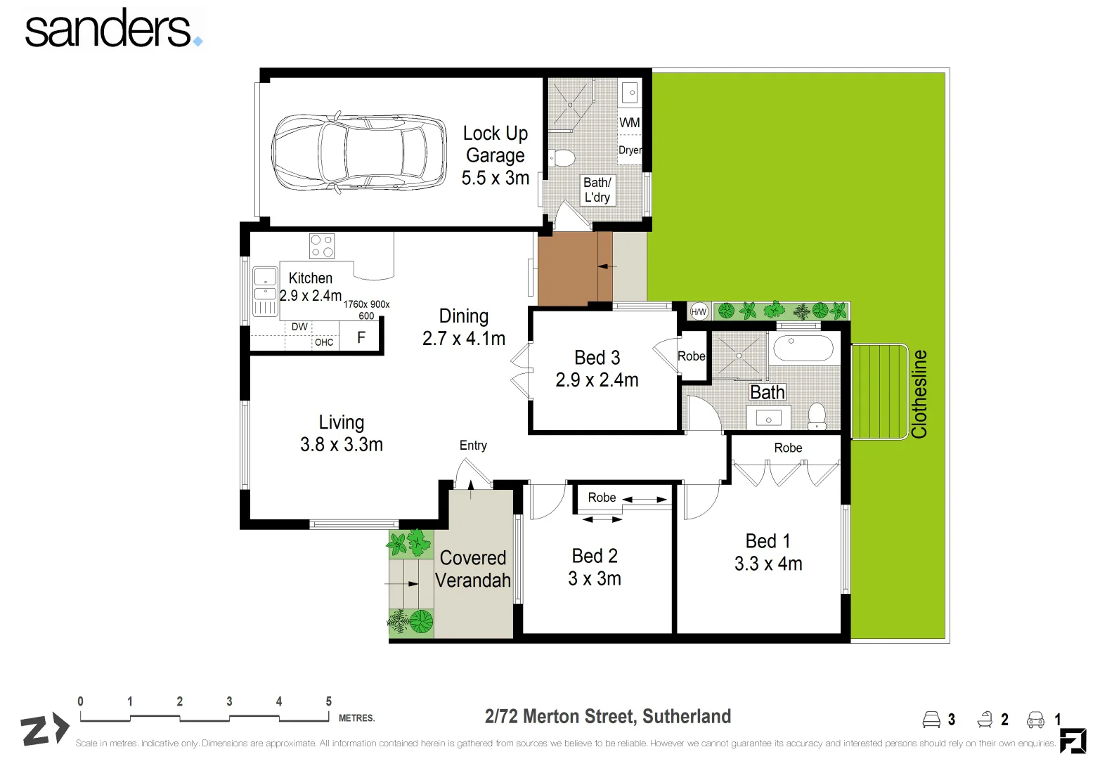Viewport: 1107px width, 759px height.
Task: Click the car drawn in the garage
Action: (x=358, y=151)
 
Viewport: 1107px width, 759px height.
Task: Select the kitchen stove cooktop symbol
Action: (x=322, y=246)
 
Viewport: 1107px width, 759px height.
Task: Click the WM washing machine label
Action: (x=629, y=122)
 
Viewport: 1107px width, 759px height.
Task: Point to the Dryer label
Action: (x=630, y=150)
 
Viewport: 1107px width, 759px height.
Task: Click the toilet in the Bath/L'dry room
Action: (x=562, y=157)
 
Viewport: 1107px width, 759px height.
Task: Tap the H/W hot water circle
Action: (x=699, y=312)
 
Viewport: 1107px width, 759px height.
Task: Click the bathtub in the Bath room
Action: (x=803, y=349)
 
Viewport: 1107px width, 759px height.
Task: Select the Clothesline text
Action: (x=919, y=394)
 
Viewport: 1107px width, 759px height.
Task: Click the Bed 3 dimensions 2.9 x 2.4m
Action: (x=597, y=380)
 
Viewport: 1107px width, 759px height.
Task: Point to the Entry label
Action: (x=473, y=446)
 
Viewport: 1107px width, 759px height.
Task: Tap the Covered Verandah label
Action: (x=473, y=569)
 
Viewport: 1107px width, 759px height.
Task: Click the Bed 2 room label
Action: (x=595, y=556)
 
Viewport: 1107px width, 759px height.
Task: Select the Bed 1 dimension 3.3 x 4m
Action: (x=768, y=564)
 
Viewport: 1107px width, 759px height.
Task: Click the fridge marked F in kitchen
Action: (x=361, y=337)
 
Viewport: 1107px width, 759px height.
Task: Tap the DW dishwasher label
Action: (x=299, y=327)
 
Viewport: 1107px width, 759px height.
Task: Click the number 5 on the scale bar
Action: (x=328, y=701)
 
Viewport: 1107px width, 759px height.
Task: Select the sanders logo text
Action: (x=109, y=30)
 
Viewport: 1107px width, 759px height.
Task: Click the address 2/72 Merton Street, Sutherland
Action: (x=608, y=716)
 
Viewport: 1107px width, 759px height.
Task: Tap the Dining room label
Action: (x=464, y=316)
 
